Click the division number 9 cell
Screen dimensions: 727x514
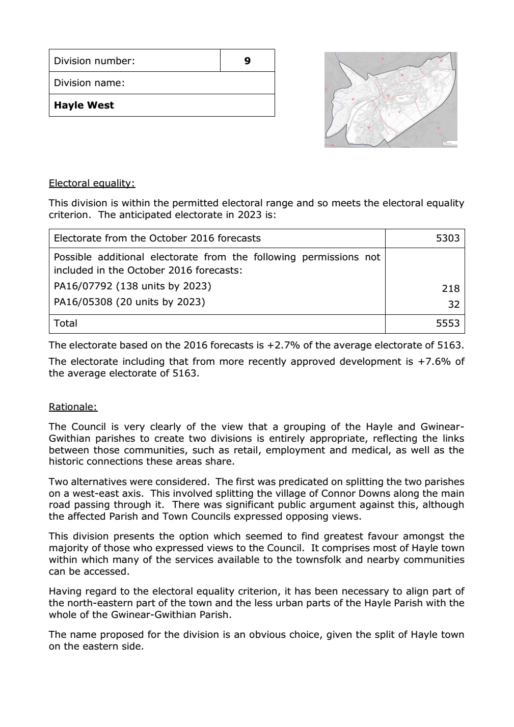click(247, 61)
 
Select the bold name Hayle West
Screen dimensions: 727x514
click(84, 105)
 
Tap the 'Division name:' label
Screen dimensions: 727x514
click(89, 83)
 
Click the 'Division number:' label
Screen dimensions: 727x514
click(94, 61)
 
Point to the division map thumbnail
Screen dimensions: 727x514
click(390, 100)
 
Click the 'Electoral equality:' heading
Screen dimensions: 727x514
click(92, 183)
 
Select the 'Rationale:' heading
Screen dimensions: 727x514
click(73, 407)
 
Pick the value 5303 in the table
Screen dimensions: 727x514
click(448, 238)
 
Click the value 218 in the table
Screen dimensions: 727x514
click(451, 288)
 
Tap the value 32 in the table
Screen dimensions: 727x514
click(454, 305)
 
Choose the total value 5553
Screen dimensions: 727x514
click(448, 324)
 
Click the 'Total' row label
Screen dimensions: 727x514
click(66, 324)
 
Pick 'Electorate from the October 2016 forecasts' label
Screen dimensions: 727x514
click(157, 238)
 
